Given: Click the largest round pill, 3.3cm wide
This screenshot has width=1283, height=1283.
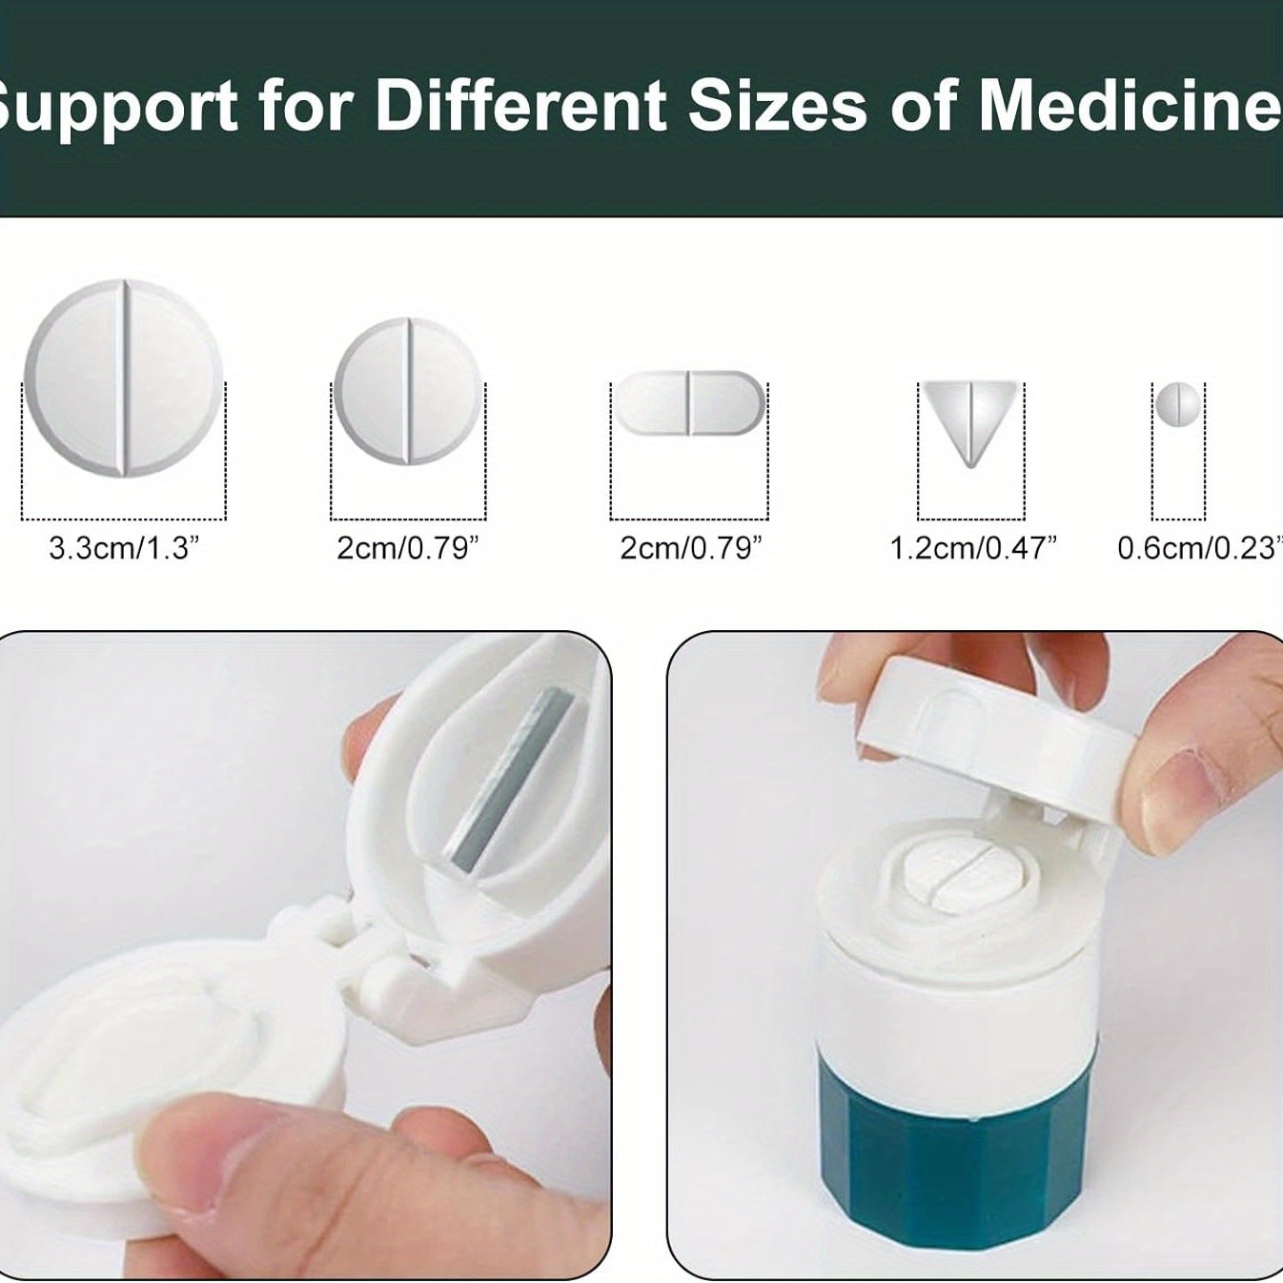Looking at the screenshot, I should tap(123, 377).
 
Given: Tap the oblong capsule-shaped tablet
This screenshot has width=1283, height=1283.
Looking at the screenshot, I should tap(689, 402).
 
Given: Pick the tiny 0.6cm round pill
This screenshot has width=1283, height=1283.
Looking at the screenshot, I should tap(1177, 404).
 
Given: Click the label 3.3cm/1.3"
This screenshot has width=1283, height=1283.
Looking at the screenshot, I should tap(124, 548).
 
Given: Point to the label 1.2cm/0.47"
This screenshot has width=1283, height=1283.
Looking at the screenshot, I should tap(973, 548).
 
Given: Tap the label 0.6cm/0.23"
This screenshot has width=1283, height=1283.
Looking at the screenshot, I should tap(1197, 548).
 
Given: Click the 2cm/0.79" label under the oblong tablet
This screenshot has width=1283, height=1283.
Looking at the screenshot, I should tap(691, 548).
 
